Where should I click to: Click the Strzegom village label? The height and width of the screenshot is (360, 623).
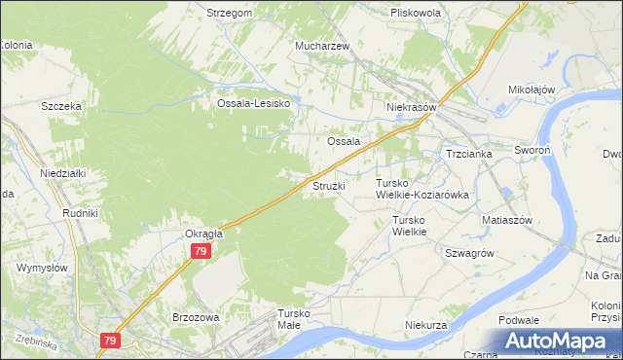tap(230, 13)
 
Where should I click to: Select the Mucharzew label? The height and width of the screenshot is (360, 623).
tap(323, 46)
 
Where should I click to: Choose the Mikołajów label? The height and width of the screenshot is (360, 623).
tap(531, 90)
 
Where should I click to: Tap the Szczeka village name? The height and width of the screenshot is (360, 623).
tap(59, 106)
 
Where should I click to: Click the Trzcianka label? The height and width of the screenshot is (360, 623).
tap(469, 154)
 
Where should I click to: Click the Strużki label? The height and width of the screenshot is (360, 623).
tap(327, 185)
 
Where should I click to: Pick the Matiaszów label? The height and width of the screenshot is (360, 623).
tap(506, 220)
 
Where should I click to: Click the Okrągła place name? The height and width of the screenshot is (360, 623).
tap(204, 234)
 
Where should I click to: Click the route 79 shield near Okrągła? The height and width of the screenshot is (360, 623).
tap(200, 251)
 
